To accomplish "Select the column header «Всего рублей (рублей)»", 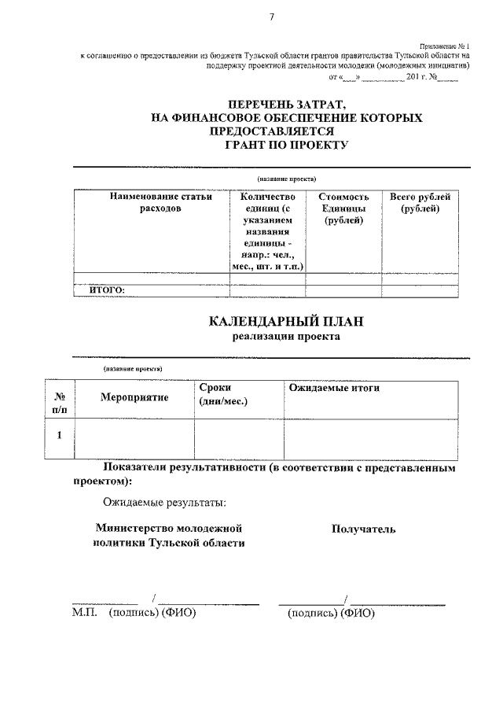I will point(420,202).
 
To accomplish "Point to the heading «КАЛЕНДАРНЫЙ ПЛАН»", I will point(287,321).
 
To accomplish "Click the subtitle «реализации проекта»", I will point(286,337).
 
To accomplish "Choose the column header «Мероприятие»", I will point(134,397).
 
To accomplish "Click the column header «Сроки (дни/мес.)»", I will point(223,394).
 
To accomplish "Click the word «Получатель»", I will point(363,529).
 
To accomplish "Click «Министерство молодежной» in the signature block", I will point(167,528).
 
